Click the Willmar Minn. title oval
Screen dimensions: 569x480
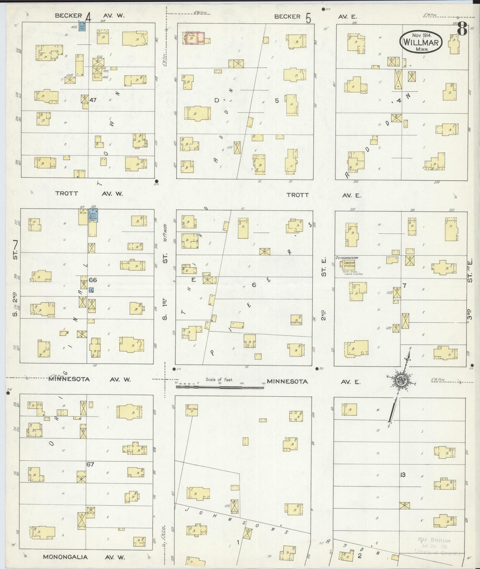pyautogui.click(x=421, y=41)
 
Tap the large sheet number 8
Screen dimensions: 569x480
pyautogui.click(x=462, y=29)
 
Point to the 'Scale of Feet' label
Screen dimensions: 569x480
pyautogui.click(x=219, y=379)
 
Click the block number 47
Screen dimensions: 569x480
pyautogui.click(x=93, y=100)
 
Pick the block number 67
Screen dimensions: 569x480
pyautogui.click(x=90, y=464)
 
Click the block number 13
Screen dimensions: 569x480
pyautogui.click(x=403, y=475)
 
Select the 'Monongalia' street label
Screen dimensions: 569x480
pyautogui.click(x=65, y=557)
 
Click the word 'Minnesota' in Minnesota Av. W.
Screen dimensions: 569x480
pyautogui.click(x=69, y=379)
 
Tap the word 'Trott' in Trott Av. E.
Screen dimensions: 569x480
pyautogui.click(x=298, y=195)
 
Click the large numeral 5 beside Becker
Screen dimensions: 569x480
pyautogui.click(x=309, y=18)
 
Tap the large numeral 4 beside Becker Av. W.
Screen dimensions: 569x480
pyautogui.click(x=88, y=17)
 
